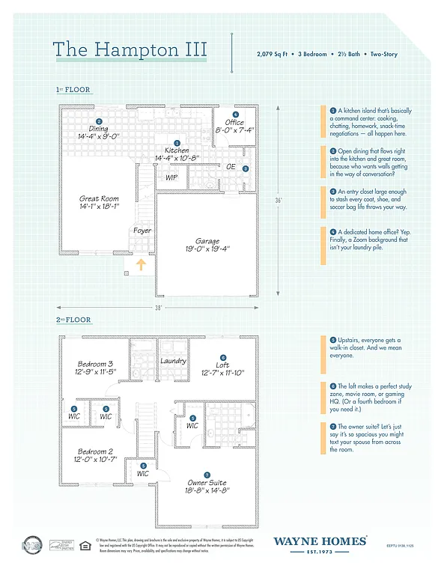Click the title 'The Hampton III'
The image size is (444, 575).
tap(130, 49)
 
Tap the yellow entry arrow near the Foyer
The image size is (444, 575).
tap(140, 263)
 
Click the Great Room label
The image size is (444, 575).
tap(100, 199)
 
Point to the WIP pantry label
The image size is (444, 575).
tap(171, 177)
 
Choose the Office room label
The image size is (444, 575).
tap(234, 123)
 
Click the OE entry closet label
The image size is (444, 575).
tap(231, 167)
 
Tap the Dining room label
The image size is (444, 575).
tap(98, 129)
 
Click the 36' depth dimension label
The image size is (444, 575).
tap(278, 200)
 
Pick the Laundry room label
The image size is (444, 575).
tap(173, 361)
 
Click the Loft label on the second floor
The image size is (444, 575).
tap(222, 365)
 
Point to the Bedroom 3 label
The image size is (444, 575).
tap(96, 364)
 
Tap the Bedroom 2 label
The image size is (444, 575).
tap(96, 451)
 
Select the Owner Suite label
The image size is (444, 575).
tap(207, 483)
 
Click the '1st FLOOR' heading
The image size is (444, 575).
tap(73, 90)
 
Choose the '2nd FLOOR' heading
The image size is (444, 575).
tap(73, 320)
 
